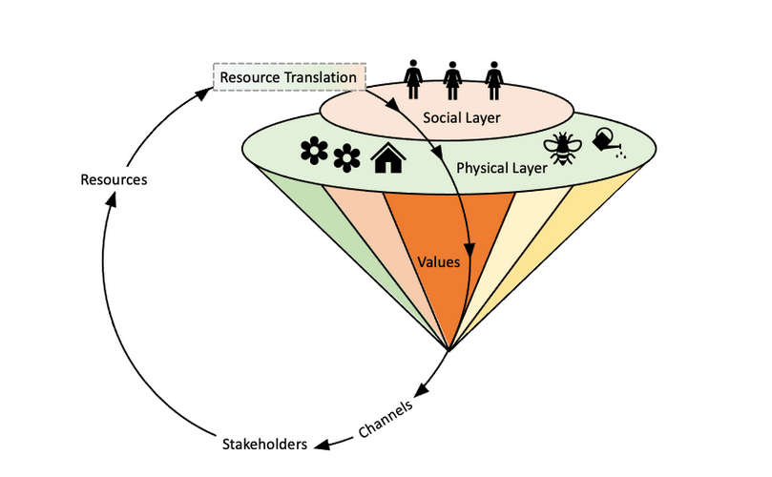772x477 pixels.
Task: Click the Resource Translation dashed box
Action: pyautogui.click(x=288, y=76)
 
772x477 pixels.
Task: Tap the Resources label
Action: pyautogui.click(x=114, y=178)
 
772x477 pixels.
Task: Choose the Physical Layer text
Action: pyautogui.click(x=501, y=168)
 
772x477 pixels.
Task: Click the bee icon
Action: pyautogui.click(x=562, y=148)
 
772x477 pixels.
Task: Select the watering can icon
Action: pyautogui.click(x=609, y=140)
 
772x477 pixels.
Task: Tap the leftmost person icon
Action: pyautogui.click(x=414, y=76)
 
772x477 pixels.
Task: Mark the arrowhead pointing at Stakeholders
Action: pyautogui.click(x=321, y=444)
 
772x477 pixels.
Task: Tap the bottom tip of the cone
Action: pyautogui.click(x=448, y=349)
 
